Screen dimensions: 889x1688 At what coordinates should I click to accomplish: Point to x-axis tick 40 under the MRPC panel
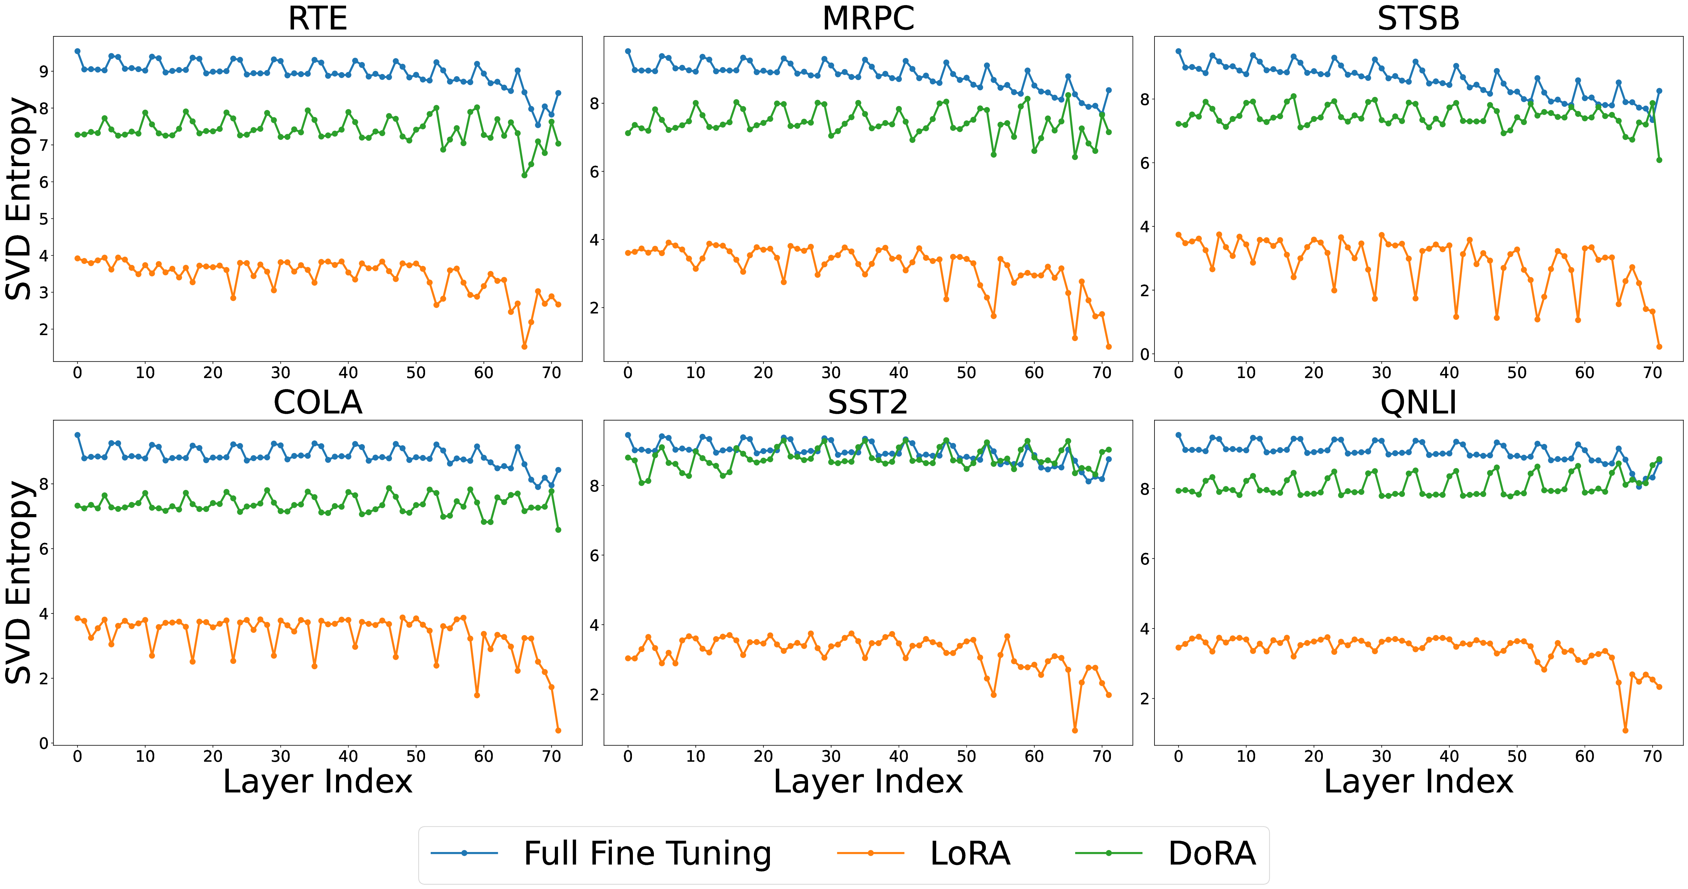pyautogui.click(x=898, y=373)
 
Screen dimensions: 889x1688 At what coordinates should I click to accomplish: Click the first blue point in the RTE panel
pyautogui.click(x=77, y=51)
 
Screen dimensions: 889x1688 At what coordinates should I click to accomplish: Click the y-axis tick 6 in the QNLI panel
pyautogui.click(x=1145, y=559)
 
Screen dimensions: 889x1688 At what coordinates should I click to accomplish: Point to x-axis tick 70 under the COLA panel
pyautogui.click(x=551, y=757)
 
